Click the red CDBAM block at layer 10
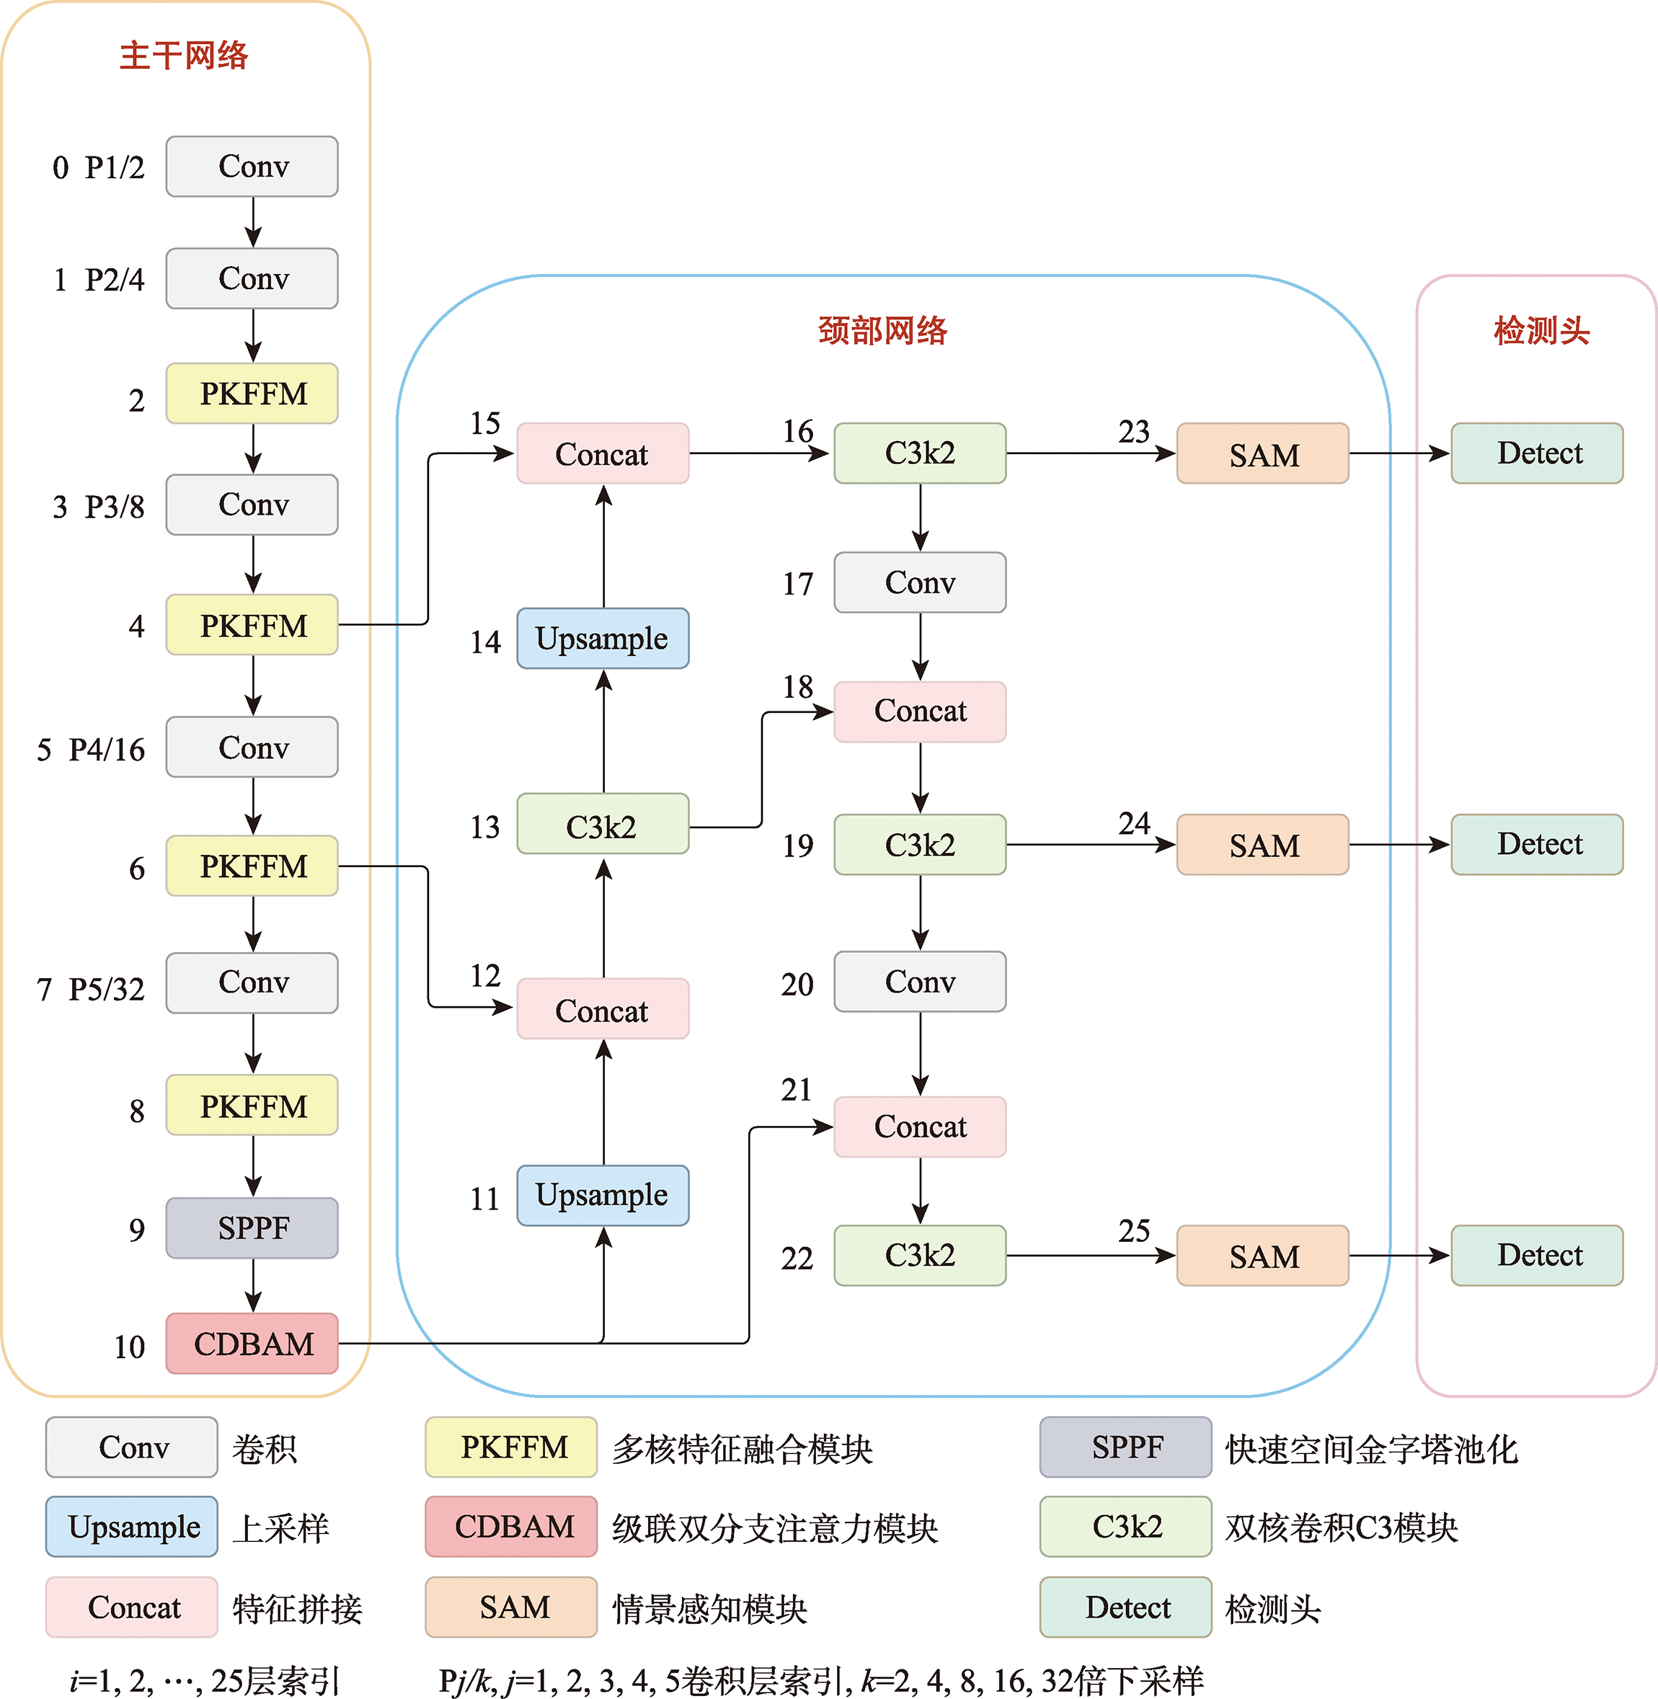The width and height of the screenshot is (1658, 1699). pos(252,1343)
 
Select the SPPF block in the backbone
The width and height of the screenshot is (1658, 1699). pos(252,1227)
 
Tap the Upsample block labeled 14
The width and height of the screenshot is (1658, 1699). pos(603,639)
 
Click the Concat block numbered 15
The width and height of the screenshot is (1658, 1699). pos(603,453)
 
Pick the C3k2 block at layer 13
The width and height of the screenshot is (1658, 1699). pos(603,825)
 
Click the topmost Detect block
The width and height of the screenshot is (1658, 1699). pos(1537,453)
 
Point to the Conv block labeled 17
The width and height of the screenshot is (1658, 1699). pos(920,582)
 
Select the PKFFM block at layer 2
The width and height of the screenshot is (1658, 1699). pos(252,394)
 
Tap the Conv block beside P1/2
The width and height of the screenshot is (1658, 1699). pos(252,167)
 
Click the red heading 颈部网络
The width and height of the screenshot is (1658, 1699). pos(882,331)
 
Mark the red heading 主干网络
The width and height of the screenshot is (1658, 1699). pos(184,56)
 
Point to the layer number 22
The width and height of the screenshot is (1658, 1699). pos(797,1259)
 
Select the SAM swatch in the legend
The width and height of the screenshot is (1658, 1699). pos(511,1607)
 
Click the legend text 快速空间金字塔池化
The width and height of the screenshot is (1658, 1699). pos(1372,1449)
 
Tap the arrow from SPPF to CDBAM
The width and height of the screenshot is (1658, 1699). pos(252,1285)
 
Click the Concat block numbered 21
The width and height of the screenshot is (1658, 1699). pos(920,1127)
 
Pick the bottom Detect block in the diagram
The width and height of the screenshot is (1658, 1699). pos(1537,1255)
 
